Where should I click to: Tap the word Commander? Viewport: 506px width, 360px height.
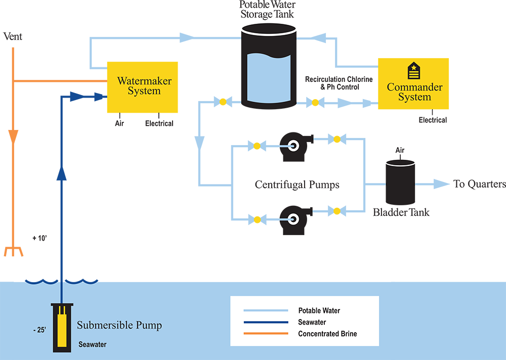click(x=414, y=87)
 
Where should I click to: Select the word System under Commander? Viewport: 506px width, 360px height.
click(x=414, y=97)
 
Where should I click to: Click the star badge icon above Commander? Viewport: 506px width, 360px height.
click(x=414, y=71)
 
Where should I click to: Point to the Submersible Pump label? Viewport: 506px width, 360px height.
click(x=119, y=325)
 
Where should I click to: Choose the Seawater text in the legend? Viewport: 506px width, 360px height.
click(x=312, y=322)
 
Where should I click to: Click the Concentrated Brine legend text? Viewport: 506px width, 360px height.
click(x=327, y=334)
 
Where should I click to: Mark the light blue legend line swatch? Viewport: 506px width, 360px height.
click(x=266, y=310)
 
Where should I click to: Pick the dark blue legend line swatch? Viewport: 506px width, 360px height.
click(x=266, y=322)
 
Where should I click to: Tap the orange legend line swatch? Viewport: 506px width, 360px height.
click(x=266, y=334)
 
